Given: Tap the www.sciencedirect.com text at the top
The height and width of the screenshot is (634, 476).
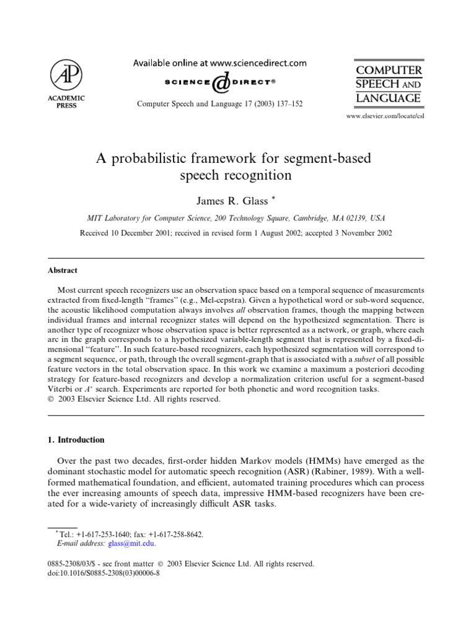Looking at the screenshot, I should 263,63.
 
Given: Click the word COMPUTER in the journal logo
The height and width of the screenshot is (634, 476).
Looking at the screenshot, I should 388,71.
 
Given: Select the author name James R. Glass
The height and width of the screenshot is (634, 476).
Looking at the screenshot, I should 234,201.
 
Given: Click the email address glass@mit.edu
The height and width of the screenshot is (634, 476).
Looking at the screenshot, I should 131,544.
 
